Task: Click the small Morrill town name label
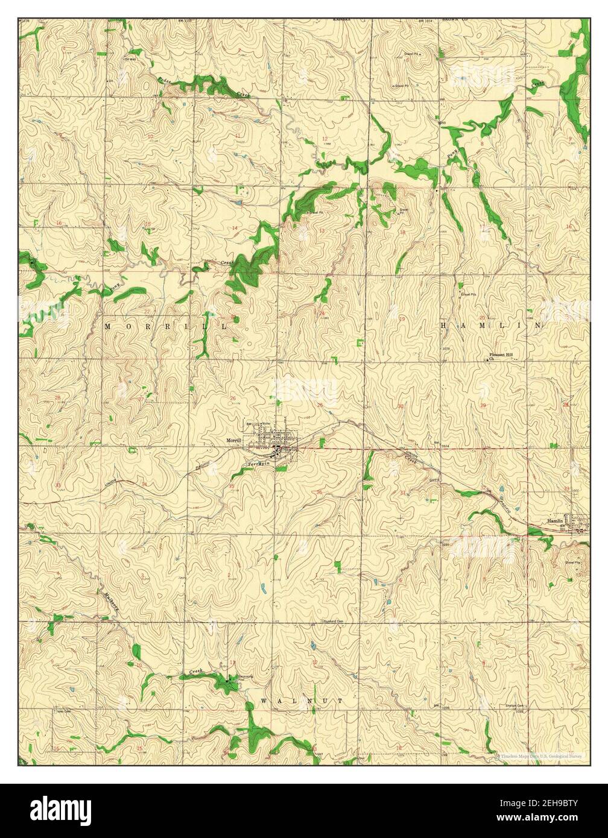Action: click(x=233, y=441)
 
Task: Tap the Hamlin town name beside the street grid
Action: click(x=554, y=519)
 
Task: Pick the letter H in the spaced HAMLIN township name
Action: click(x=445, y=326)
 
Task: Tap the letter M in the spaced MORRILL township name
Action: click(x=109, y=326)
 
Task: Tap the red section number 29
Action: click(x=483, y=406)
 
